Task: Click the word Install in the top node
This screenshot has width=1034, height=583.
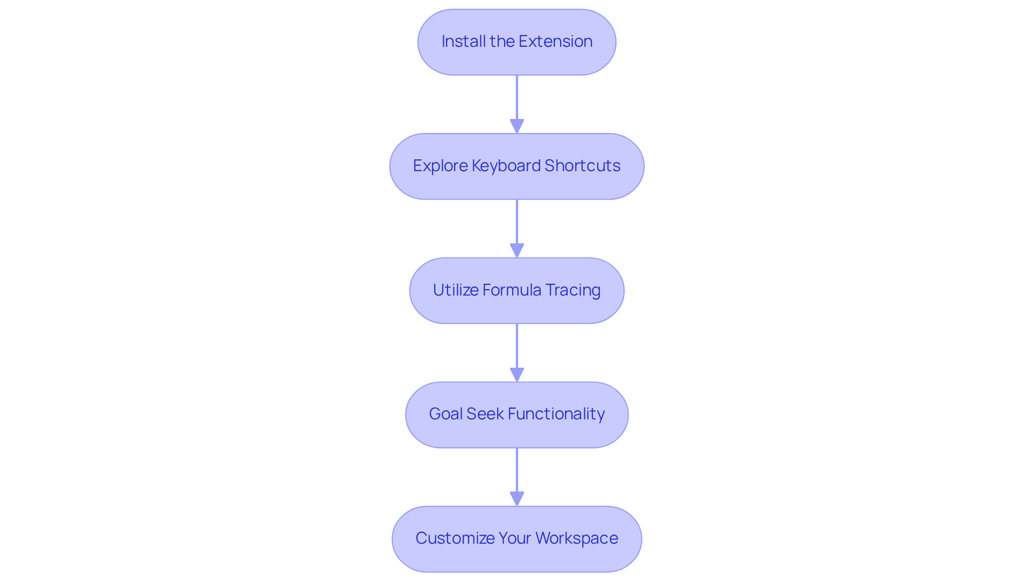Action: pos(464,41)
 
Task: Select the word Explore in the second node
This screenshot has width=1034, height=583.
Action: pos(440,166)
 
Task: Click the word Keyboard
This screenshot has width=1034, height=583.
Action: pos(506,166)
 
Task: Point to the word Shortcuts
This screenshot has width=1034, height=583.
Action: pos(583,166)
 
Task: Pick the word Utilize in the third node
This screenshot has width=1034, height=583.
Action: pos(456,290)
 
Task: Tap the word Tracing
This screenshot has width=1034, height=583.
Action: pos(573,290)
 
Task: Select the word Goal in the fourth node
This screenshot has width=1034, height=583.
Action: pos(445,414)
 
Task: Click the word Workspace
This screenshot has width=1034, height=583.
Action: pos(577,538)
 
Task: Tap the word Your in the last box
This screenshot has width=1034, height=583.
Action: pos(515,538)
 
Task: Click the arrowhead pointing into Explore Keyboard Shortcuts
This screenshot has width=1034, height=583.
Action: pos(517,127)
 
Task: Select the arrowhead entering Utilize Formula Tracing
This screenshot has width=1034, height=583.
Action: pos(517,251)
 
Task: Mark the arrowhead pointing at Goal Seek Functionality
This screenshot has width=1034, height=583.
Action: pos(517,375)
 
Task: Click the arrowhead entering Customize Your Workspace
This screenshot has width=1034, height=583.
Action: pos(517,499)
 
